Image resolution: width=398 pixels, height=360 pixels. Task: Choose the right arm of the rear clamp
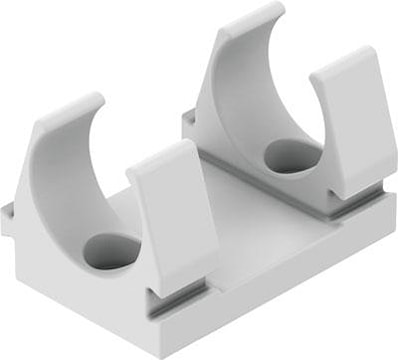point(345,120)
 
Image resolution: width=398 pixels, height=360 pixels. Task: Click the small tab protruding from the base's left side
point(8,219)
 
